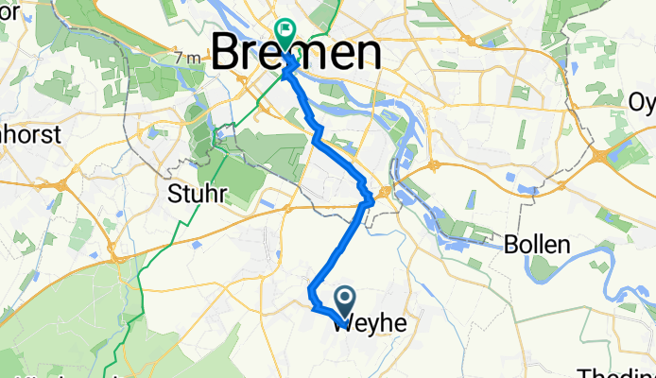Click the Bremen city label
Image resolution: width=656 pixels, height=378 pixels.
pyautogui.click(x=296, y=52)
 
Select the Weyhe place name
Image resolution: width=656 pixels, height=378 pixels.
pyautogui.click(x=370, y=324)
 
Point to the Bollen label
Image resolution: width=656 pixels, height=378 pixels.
pyautogui.click(x=537, y=245)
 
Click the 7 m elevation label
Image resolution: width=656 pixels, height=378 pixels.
pyautogui.click(x=187, y=59)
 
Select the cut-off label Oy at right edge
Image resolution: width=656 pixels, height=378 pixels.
pyautogui.click(x=642, y=101)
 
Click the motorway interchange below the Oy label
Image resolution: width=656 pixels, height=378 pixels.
pyautogui.click(x=602, y=154)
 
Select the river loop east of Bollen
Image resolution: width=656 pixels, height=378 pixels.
pyautogui.click(x=619, y=264)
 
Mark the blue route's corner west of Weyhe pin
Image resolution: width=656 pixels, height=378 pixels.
pyautogui.click(x=313, y=304)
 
